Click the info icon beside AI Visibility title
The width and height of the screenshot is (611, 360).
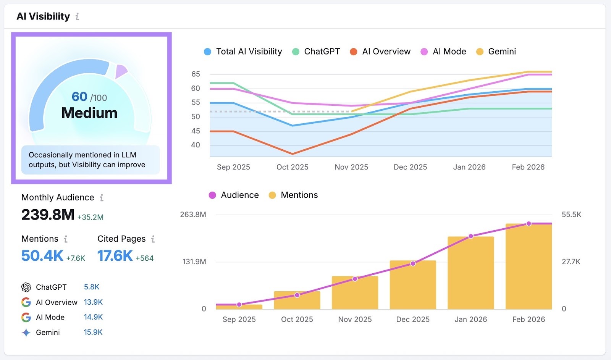pos(77,16)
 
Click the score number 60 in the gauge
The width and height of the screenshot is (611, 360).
pos(79,97)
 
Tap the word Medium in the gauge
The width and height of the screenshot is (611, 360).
pos(89,113)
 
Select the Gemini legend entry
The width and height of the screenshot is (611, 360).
pos(496,52)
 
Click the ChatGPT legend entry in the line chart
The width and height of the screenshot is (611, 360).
pos(316,52)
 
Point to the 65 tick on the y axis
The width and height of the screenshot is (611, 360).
pos(196,74)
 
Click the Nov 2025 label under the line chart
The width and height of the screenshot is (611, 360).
pos(351,167)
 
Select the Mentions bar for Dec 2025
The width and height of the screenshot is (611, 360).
pos(413,286)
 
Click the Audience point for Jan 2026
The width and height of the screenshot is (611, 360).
pos(471,236)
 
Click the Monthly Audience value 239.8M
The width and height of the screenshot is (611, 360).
pos(48,215)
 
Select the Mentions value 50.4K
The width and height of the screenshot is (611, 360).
pos(42,256)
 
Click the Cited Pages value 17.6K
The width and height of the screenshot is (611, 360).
pos(115,256)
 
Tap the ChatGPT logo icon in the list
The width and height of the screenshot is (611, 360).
pos(26,287)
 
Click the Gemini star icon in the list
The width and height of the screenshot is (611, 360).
pos(26,333)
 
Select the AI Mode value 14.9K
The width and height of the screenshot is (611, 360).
pos(93,317)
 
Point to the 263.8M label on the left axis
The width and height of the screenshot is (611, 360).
pos(193,215)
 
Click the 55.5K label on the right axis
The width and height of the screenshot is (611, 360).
pos(571,215)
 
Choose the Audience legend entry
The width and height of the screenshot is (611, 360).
pos(234,195)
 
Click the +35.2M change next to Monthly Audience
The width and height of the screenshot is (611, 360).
pos(91,217)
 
